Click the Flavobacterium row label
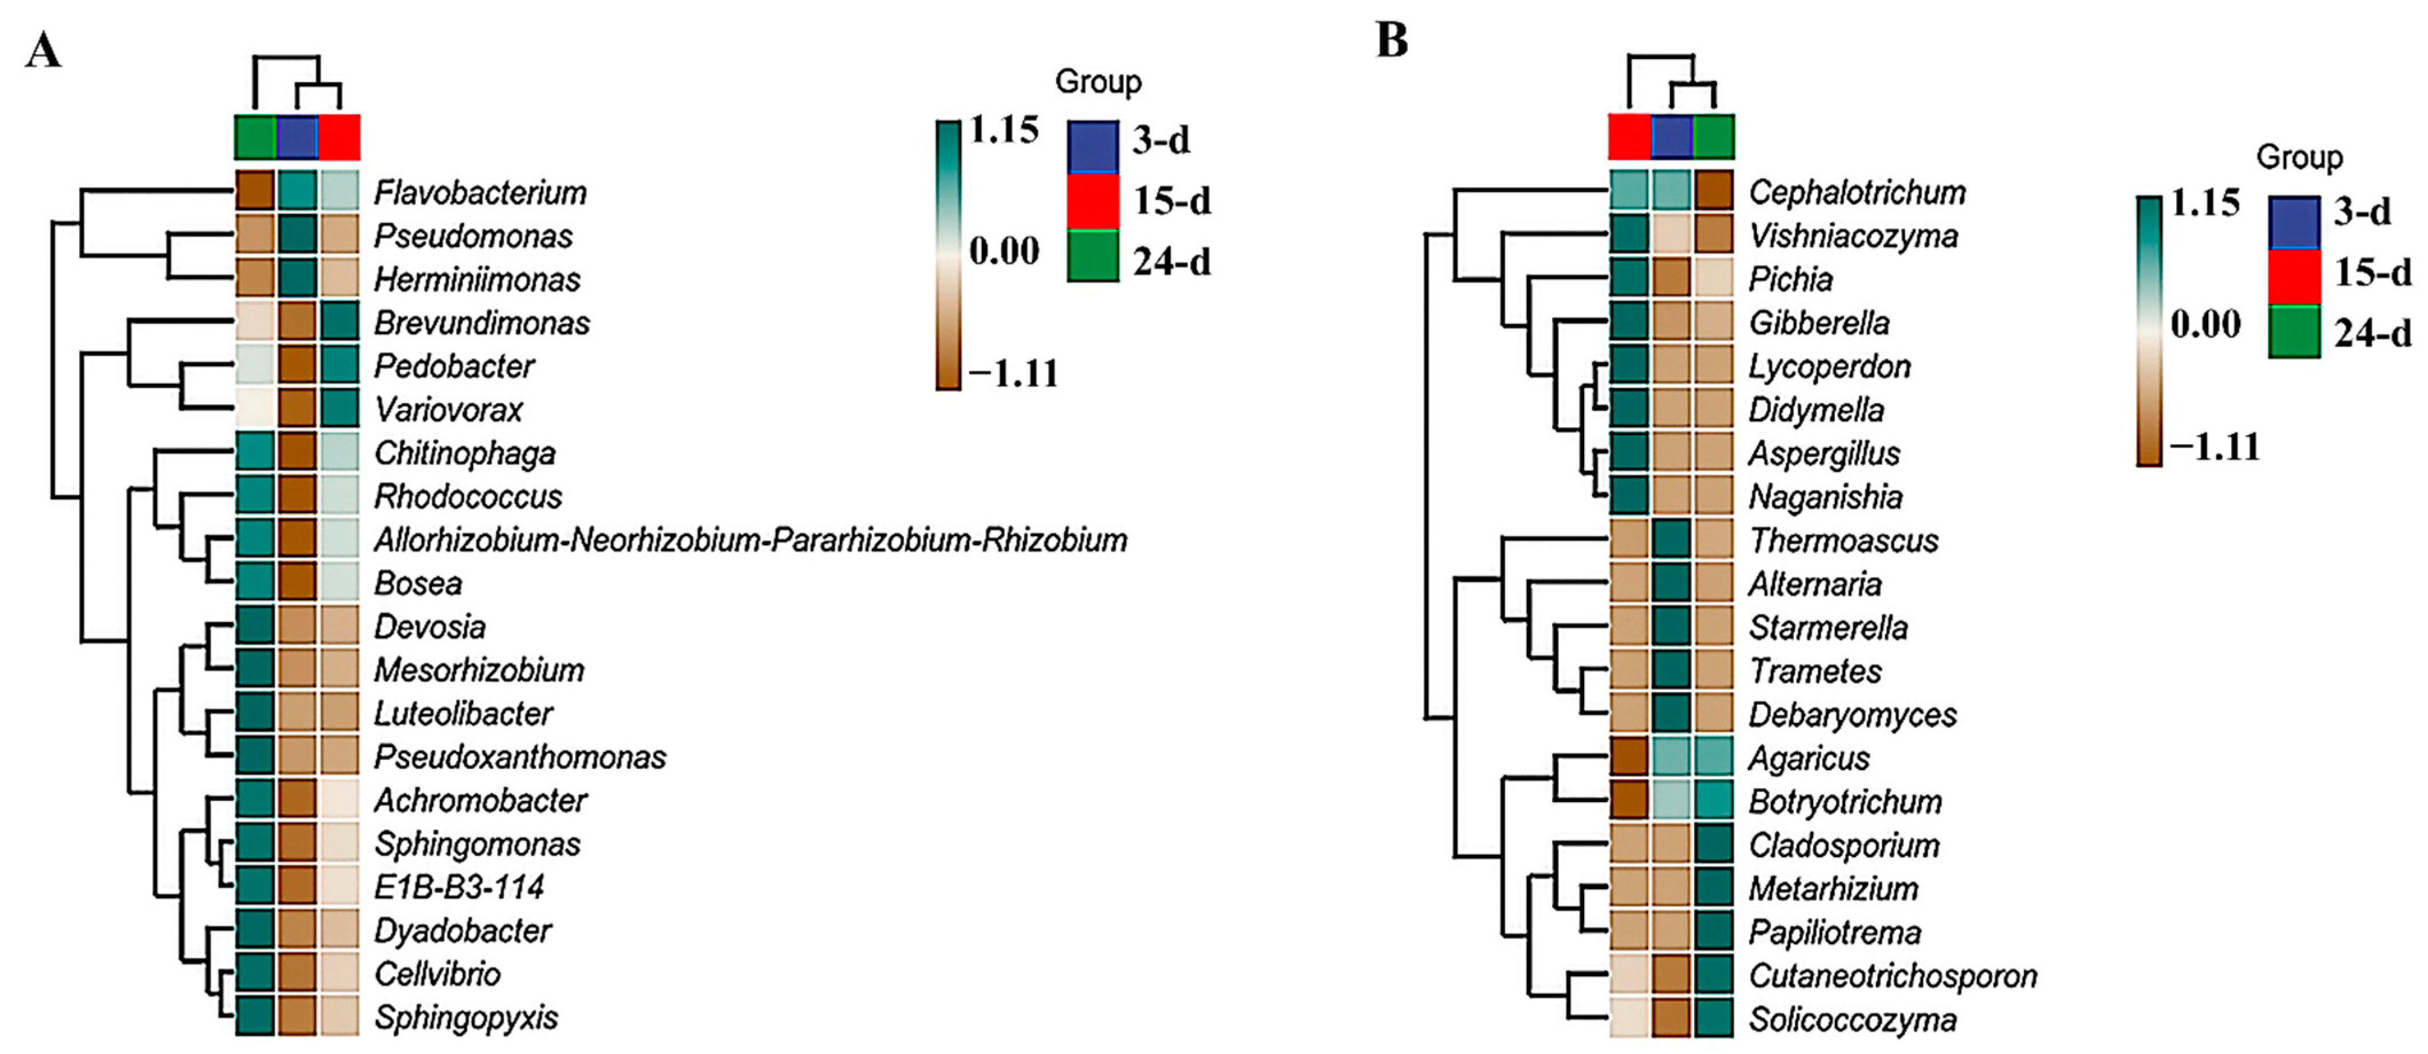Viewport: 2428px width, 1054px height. pyautogui.click(x=480, y=192)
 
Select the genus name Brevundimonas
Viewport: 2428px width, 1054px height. pyautogui.click(x=481, y=322)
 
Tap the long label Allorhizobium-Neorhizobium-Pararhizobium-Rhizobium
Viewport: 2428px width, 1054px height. pyautogui.click(x=750, y=540)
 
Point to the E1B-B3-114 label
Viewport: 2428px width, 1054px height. pyautogui.click(x=459, y=887)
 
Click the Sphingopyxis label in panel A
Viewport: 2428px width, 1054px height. pyautogui.click(x=465, y=1017)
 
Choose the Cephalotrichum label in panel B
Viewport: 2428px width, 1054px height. pyautogui.click(x=1857, y=192)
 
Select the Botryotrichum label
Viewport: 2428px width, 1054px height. pyautogui.click(x=1845, y=802)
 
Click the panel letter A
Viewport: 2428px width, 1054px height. pyautogui.click(x=44, y=51)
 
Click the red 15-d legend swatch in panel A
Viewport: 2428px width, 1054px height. pyautogui.click(x=1093, y=201)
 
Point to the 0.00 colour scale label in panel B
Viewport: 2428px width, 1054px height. pyautogui.click(x=2205, y=324)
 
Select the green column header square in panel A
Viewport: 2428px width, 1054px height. pyautogui.click(x=255, y=137)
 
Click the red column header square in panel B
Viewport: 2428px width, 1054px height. pyautogui.click(x=1629, y=137)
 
